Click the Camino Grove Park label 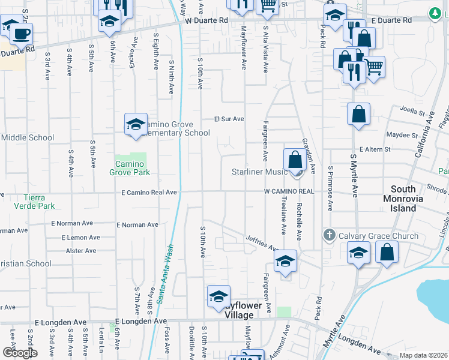pos(130,168)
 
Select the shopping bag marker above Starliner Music pos(295,160)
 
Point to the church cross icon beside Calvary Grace pos(329,235)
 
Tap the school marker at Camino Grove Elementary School pos(136,124)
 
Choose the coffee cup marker pos(22,34)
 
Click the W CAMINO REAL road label pos(289,191)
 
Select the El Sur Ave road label pos(229,119)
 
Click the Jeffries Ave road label pos(262,242)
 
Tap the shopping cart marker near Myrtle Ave pos(374,67)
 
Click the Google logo pos(19,353)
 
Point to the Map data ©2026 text pos(423,355)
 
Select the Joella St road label pos(412,112)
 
